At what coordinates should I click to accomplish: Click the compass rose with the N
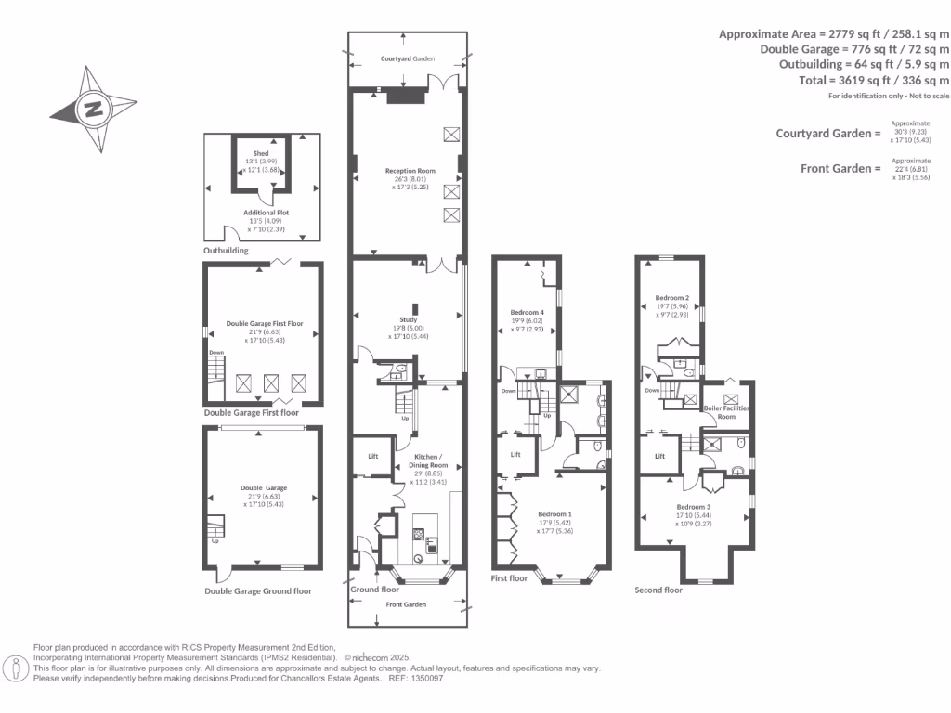tap(93, 110)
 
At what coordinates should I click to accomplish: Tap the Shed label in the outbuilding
tap(260, 153)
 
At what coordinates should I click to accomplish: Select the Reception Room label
tap(410, 171)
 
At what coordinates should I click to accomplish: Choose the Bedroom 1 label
tap(556, 513)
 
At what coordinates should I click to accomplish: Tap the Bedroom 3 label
tap(694, 507)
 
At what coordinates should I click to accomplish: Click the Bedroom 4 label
tap(527, 312)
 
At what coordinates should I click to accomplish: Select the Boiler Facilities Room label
tap(729, 412)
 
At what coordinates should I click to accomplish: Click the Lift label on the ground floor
tap(373, 456)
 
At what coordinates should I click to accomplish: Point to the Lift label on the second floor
tap(660, 456)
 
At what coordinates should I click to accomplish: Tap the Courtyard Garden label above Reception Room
tap(408, 58)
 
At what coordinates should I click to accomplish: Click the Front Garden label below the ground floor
tap(407, 604)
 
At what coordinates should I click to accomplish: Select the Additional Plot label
tap(260, 213)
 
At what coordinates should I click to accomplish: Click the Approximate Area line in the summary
tap(834, 33)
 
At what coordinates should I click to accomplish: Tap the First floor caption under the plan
tap(509, 578)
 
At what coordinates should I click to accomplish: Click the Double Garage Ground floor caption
tap(258, 590)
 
